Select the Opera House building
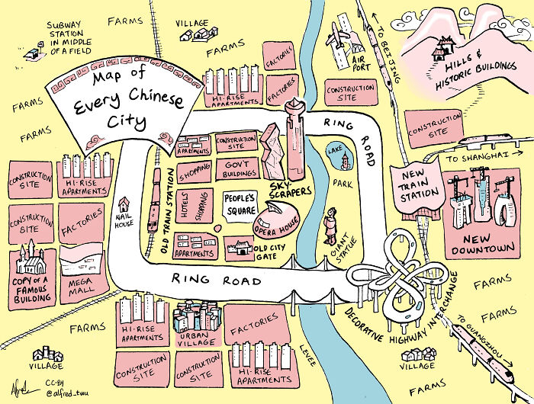click(x=275, y=219)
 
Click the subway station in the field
click(x=32, y=54)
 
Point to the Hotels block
click(x=184, y=204)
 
